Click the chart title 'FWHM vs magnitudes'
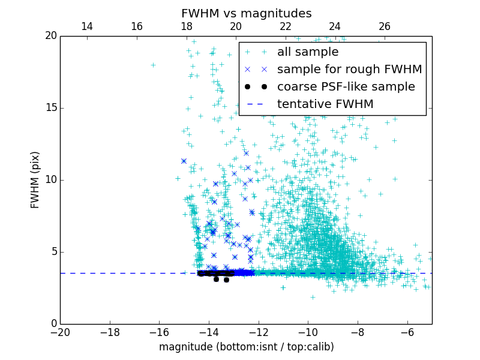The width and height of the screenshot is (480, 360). [246, 13]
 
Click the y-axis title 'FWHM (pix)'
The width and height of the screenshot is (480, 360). [35, 179]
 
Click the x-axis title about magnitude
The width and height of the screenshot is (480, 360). [246, 347]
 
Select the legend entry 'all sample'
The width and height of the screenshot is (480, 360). [308, 52]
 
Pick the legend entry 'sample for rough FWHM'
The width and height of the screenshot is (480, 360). [349, 70]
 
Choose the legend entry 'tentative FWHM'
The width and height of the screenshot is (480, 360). [325, 104]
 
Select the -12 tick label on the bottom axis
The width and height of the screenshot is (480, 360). [258, 332]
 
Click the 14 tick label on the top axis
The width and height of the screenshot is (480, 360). [87, 26]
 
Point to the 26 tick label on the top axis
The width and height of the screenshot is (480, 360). [385, 26]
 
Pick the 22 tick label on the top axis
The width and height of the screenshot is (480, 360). [286, 26]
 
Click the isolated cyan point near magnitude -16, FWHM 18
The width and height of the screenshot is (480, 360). [153, 65]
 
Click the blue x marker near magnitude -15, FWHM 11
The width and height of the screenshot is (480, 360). [184, 161]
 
